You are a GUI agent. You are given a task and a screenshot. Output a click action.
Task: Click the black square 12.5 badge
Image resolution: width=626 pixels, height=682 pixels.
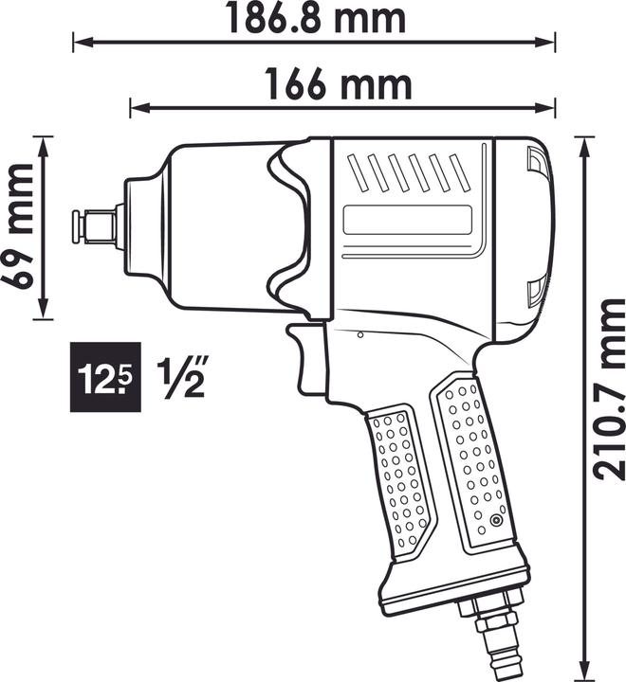106,377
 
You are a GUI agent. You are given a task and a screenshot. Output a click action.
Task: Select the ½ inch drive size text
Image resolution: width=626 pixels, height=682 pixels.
180,377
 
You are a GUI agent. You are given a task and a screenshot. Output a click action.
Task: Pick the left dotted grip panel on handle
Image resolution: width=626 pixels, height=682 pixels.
397,479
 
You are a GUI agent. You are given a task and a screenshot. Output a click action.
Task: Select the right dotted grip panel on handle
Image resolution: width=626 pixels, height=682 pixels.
473,464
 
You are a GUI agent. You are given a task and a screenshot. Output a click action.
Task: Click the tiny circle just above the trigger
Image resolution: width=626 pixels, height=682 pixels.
361,334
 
